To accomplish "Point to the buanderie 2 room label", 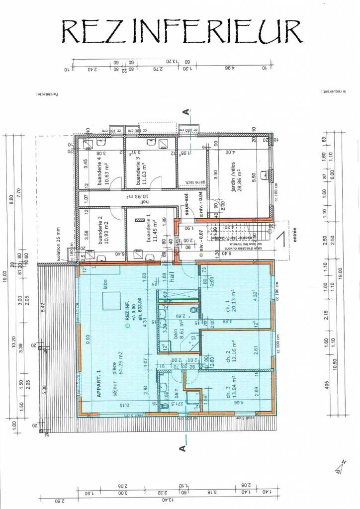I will point(103,229).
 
